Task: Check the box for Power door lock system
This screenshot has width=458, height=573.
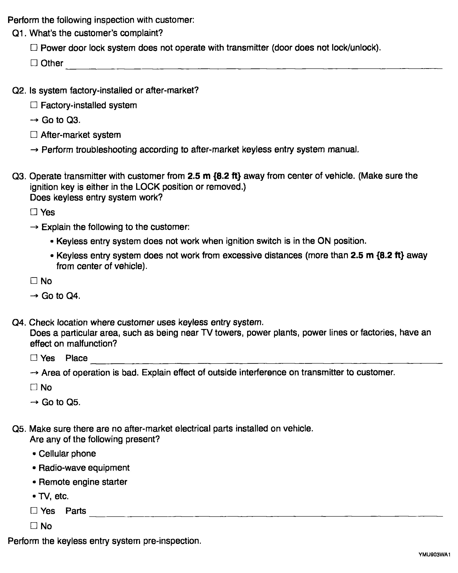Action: coord(34,48)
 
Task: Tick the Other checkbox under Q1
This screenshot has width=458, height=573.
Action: coord(34,63)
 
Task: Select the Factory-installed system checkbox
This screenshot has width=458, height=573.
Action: coord(34,105)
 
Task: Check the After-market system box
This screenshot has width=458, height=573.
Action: coord(34,135)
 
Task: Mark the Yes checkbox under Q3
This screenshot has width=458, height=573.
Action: coord(34,212)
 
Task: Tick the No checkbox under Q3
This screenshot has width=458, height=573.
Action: coord(34,281)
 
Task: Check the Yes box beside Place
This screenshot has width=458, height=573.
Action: coord(34,358)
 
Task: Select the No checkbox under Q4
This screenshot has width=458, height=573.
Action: coord(34,387)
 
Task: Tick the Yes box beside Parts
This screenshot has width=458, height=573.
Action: coord(34,510)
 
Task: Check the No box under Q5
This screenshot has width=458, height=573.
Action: coord(34,526)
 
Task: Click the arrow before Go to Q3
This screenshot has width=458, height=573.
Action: coord(34,120)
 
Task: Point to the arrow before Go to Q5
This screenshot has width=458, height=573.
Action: coord(34,402)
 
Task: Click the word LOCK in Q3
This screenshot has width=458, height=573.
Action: coord(148,187)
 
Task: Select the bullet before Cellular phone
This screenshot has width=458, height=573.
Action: coord(34,454)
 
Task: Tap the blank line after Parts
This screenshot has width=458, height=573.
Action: coord(266,516)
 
